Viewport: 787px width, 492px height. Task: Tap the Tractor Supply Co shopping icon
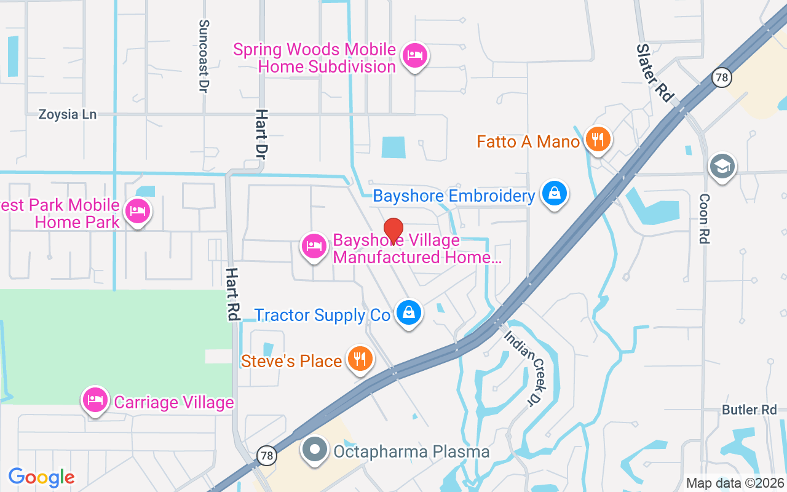tap(408, 312)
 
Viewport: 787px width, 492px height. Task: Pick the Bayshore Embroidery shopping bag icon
tap(555, 194)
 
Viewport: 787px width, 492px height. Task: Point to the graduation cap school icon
tap(722, 166)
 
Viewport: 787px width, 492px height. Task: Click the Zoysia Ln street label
tap(68, 114)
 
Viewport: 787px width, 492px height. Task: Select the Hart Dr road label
tap(263, 132)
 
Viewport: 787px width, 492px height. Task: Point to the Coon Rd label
tap(704, 219)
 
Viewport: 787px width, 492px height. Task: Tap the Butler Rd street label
tap(749, 410)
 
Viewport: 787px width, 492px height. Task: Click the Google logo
tap(41, 477)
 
